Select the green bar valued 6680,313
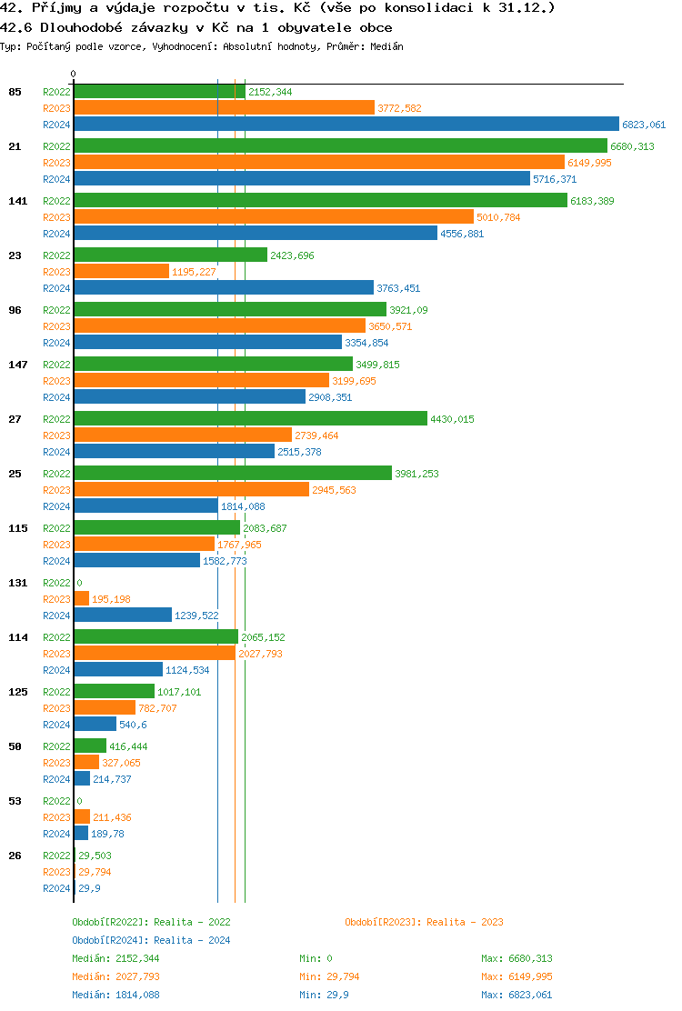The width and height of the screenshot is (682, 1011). [x=340, y=145]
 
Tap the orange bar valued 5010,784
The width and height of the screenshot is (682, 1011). [x=274, y=217]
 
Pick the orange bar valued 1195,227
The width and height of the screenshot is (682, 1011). [x=121, y=272]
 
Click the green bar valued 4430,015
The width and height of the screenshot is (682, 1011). [x=250, y=419]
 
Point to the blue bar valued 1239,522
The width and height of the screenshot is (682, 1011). [x=123, y=616]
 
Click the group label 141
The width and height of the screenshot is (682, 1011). [x=17, y=201]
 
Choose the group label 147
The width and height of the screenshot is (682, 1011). [x=17, y=365]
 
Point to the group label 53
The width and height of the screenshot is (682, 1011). [x=15, y=801]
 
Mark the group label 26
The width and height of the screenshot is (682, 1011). [x=15, y=856]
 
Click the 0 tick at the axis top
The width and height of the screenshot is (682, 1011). [x=74, y=75]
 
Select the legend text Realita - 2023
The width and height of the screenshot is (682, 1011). [x=465, y=922]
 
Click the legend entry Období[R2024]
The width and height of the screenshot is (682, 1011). [x=110, y=940]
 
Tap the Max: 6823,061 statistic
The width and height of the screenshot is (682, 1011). [x=517, y=995]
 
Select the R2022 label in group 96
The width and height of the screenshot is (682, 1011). [x=56, y=310]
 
